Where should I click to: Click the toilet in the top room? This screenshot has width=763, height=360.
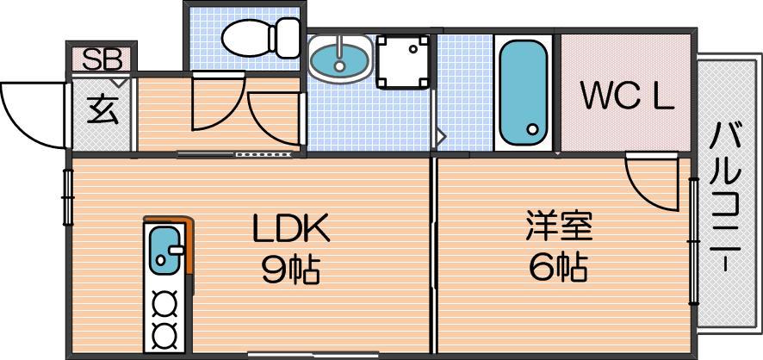coord(260,37)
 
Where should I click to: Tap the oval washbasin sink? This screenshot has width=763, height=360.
coord(340,59)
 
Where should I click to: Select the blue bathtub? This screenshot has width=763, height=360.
coord(524,92)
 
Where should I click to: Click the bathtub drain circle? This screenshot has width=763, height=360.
coord(533,129)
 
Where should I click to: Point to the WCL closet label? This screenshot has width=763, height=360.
coord(627,97)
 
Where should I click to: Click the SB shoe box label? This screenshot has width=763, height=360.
coord(102,59)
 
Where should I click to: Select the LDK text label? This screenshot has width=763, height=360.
coord(291,227)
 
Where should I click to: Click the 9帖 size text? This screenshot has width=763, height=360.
coord(290,270)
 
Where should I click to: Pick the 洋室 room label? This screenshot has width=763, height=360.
coord(559,227)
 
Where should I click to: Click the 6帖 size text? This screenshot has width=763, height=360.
coord(558,267)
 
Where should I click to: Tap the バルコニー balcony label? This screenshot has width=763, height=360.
coord(725,197)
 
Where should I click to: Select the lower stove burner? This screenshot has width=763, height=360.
coord(164,334)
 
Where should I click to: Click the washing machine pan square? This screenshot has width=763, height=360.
coord(403,62)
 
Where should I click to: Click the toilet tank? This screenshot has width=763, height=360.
coord(288,37)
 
